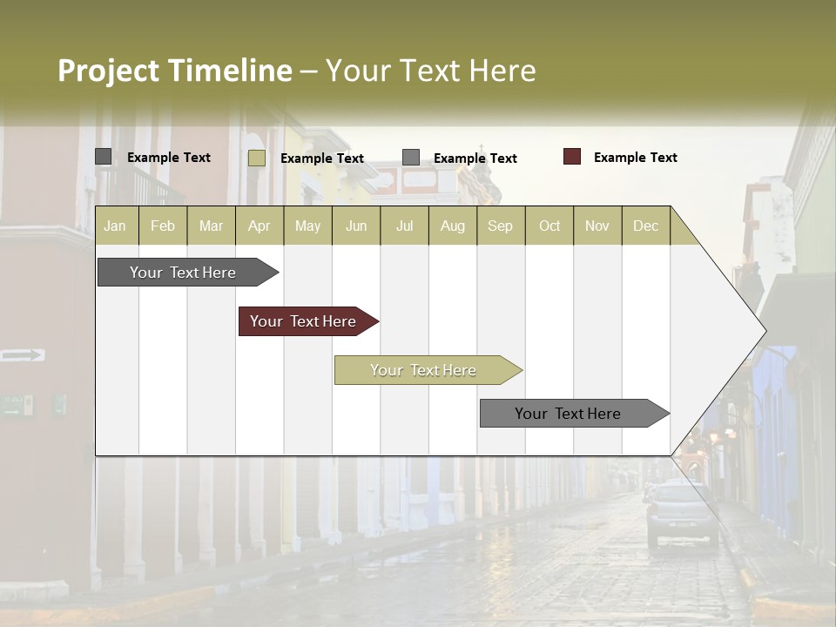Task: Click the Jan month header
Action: pyautogui.click(x=115, y=226)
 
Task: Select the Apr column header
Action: pyautogui.click(x=259, y=226)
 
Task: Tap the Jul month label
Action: pyautogui.click(x=404, y=226)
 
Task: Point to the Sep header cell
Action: pyautogui.click(x=500, y=226)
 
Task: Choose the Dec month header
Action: pyautogui.click(x=645, y=226)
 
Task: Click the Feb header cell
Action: pyautogui.click(x=163, y=226)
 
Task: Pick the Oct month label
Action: pyautogui.click(x=549, y=226)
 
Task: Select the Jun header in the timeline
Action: pyautogui.click(x=356, y=226)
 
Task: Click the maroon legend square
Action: pyautogui.click(x=572, y=157)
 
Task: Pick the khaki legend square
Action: pyautogui.click(x=257, y=158)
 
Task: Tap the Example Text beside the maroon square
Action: pyautogui.click(x=635, y=158)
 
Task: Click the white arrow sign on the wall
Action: pyautogui.click(x=23, y=354)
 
